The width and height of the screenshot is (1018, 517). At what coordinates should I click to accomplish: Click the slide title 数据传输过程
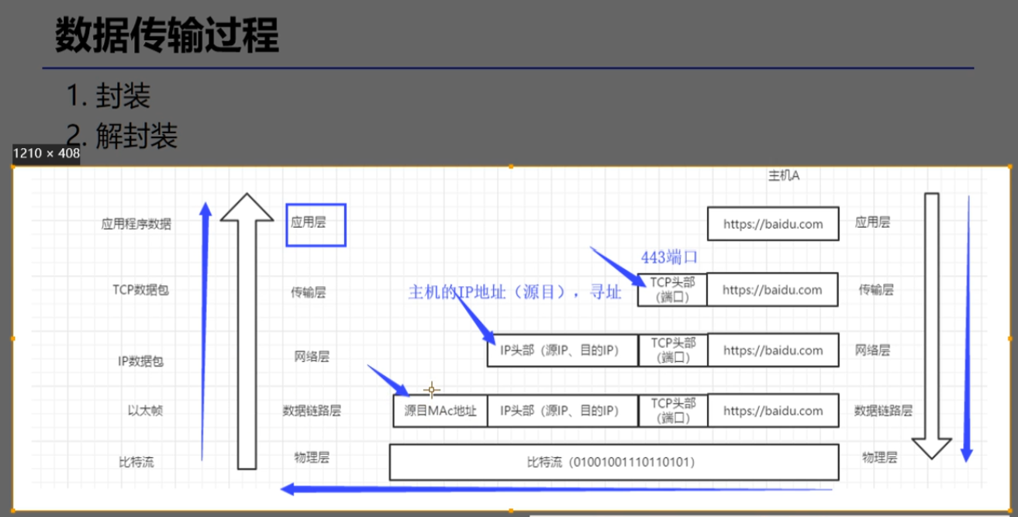click(167, 35)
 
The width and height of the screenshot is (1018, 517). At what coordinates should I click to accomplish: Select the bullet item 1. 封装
click(109, 96)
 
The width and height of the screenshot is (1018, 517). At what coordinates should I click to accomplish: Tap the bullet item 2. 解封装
click(122, 136)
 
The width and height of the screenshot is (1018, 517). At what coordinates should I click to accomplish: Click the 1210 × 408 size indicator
click(47, 153)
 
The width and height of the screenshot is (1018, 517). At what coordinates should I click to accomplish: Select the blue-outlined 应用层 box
click(316, 225)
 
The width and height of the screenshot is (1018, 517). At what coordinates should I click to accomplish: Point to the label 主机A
click(783, 176)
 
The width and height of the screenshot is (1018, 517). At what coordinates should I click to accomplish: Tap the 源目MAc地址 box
click(440, 410)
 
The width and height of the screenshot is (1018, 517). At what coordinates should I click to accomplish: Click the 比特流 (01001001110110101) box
click(613, 462)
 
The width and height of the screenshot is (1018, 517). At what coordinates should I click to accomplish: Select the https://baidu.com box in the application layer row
click(772, 223)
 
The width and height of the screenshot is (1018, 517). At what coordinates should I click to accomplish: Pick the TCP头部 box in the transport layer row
click(672, 289)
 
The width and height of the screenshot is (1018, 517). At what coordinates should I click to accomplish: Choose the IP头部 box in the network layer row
click(562, 350)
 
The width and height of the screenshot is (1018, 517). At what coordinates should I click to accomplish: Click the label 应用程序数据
click(136, 225)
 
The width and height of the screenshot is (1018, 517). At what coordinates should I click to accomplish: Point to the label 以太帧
click(146, 410)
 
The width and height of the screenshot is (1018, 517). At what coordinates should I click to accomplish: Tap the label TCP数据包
click(140, 291)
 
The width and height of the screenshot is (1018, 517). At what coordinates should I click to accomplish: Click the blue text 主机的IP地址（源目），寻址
click(515, 293)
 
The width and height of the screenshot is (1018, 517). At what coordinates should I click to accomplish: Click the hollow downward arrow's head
click(931, 448)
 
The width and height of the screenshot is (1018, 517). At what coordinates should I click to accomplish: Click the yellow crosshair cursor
click(432, 389)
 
